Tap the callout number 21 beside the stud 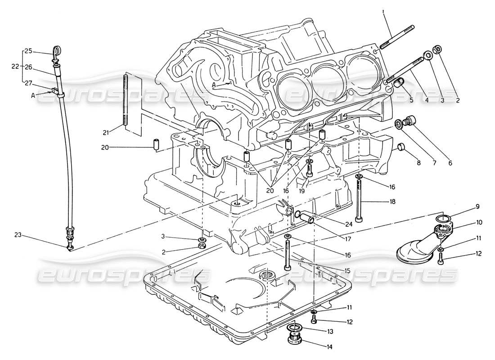click(x=105, y=132)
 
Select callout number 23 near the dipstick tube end click(x=18, y=234)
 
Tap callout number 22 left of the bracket click(x=15, y=66)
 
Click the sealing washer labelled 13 click(x=294, y=327)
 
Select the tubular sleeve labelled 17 click(x=308, y=219)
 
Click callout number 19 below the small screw click(x=302, y=191)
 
